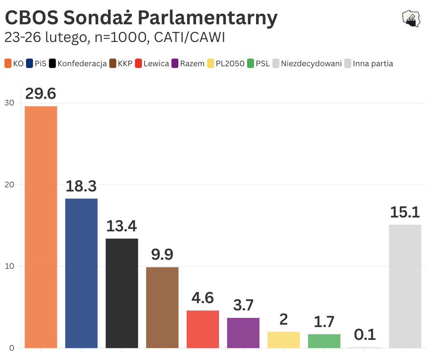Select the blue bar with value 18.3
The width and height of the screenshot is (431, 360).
click(81, 273)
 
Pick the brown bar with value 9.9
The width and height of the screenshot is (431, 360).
click(162, 308)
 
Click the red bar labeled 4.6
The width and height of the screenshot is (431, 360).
click(203, 329)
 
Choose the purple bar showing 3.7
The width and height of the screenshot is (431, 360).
click(243, 333)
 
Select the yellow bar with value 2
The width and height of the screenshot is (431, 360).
click(284, 340)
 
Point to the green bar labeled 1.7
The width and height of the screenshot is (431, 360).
click(324, 341)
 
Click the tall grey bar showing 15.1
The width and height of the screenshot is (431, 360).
click(405, 286)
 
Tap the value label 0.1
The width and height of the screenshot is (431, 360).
click(365, 335)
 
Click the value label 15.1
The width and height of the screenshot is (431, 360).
click(405, 212)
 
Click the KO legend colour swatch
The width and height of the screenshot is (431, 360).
click(8, 64)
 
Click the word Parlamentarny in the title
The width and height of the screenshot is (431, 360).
click(208, 18)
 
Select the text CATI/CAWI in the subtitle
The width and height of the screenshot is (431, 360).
click(189, 38)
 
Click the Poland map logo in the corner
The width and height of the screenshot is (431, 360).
click(411, 19)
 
